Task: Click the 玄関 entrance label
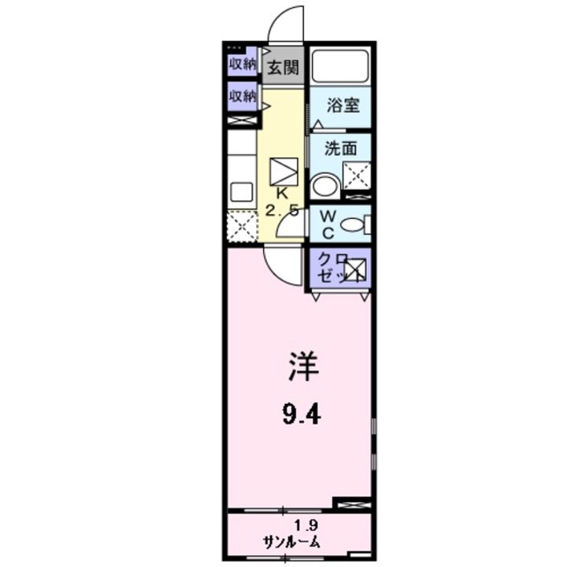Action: tap(282, 68)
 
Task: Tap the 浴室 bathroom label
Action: tap(343, 104)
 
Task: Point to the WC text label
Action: tap(327, 224)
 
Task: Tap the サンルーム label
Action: tap(292, 543)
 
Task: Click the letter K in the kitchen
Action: tap(281, 193)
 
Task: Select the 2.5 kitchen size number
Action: tap(281, 210)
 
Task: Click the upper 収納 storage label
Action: tap(243, 64)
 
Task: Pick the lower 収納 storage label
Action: tap(243, 96)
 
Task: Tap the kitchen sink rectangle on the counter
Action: tap(241, 192)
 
